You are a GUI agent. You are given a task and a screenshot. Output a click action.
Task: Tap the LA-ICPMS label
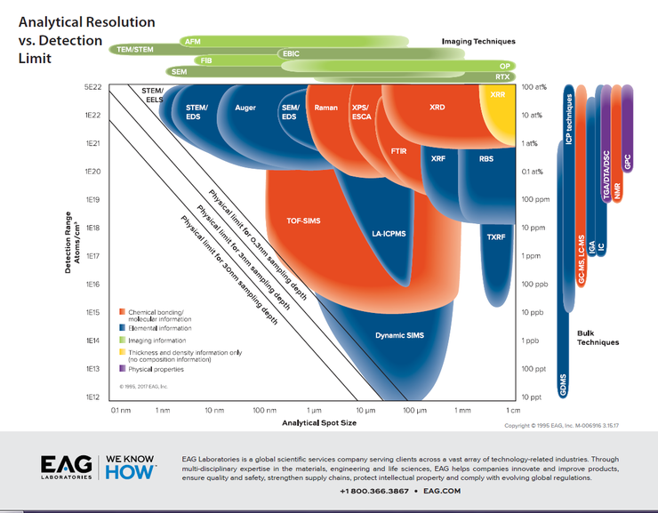click(x=389, y=234)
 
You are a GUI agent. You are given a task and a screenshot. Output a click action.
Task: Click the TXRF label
click(x=496, y=236)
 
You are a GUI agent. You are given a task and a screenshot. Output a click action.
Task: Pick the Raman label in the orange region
click(x=326, y=108)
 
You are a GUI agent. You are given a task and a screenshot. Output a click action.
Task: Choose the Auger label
click(x=245, y=108)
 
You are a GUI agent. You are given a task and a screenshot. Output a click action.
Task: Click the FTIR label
click(x=400, y=152)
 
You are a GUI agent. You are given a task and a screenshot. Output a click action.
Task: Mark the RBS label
click(x=485, y=158)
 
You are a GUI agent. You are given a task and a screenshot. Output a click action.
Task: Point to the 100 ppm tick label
click(x=534, y=199)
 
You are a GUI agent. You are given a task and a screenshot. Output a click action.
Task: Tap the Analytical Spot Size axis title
click(x=319, y=423)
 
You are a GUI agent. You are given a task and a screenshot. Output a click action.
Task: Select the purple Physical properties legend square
click(x=122, y=368)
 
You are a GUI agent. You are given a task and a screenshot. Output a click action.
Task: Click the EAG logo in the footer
click(x=66, y=467)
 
